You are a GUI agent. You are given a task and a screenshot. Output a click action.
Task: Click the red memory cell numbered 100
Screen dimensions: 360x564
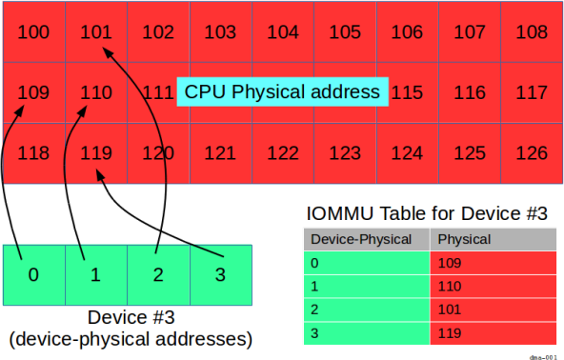(34, 32)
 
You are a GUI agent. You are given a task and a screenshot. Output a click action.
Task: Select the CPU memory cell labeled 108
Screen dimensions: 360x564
(531, 32)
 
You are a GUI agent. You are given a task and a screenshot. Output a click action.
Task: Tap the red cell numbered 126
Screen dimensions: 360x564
(531, 152)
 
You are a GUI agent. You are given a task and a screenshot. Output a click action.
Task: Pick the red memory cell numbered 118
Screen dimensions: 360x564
(34, 152)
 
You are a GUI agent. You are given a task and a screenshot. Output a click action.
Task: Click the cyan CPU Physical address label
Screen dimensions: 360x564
(282, 92)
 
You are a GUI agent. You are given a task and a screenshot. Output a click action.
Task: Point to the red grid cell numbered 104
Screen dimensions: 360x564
(282, 32)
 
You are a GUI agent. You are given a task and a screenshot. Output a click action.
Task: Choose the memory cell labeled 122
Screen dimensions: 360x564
(282, 152)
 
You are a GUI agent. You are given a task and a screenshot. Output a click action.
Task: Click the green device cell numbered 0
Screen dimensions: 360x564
(33, 274)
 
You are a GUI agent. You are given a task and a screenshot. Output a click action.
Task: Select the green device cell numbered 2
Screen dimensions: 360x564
(158, 274)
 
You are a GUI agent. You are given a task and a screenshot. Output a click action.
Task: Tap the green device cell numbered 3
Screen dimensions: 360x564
(220, 274)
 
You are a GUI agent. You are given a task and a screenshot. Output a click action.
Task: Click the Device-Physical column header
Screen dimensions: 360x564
(367, 239)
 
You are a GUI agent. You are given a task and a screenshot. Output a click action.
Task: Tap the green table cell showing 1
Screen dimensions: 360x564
(367, 287)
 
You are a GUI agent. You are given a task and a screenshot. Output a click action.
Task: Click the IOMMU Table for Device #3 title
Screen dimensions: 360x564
(426, 213)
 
